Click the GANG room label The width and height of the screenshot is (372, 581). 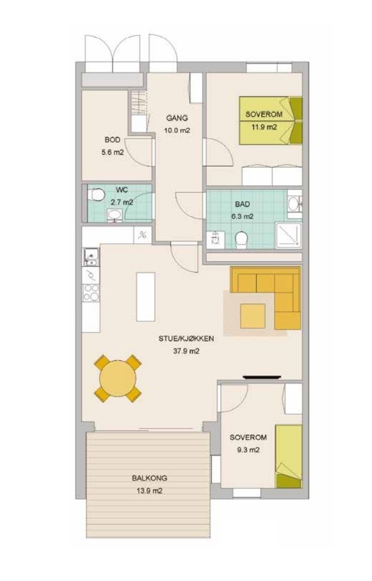177,118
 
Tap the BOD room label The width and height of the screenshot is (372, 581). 113,140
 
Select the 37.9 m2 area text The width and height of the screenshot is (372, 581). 186,351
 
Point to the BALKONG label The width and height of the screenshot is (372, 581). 149,478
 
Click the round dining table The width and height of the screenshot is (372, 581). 117,378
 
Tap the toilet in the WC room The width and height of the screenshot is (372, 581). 96,194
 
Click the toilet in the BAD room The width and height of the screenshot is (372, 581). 241,239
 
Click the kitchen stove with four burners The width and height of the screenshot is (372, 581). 91,293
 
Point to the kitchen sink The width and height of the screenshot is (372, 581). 90,257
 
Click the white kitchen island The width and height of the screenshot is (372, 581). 146,297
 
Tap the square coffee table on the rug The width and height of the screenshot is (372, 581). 253,316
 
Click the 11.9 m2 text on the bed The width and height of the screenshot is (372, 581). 264,127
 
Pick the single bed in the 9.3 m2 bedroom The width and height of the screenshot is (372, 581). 289,457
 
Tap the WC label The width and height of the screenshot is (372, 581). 122,190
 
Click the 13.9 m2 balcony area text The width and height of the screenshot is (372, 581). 149,491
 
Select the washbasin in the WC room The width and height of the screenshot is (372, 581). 114,215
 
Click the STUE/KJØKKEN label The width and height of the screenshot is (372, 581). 186,339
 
